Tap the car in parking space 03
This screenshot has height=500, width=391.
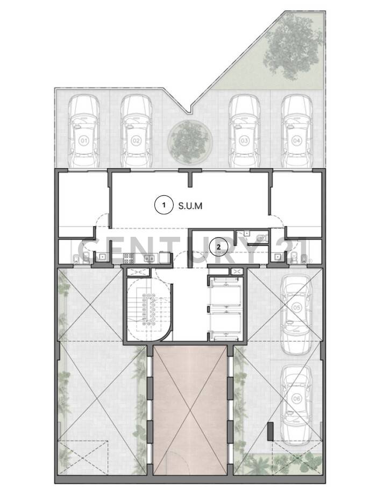click(x=244, y=131)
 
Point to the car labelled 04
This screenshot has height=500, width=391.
click(x=296, y=131)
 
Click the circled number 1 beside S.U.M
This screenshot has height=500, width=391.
click(x=163, y=205)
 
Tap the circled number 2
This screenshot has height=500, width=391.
click(x=218, y=247)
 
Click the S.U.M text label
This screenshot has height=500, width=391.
click(x=190, y=206)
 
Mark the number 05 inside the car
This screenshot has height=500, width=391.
click(x=296, y=307)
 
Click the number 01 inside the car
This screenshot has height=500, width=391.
click(x=83, y=141)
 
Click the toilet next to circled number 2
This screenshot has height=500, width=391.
click(x=262, y=237)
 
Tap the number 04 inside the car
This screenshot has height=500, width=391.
click(x=296, y=141)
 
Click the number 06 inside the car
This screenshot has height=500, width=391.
click(x=296, y=398)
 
